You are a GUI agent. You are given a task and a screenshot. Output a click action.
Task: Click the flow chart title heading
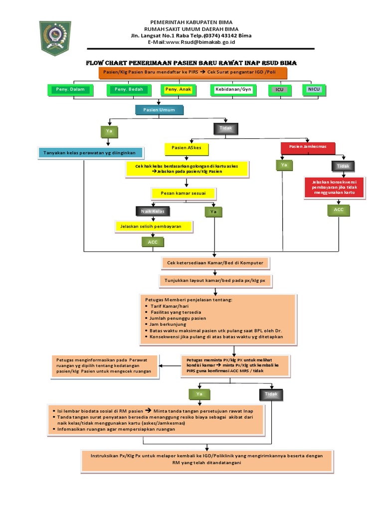coord(191,63)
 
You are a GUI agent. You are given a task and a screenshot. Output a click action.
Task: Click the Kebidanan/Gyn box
coord(234,90)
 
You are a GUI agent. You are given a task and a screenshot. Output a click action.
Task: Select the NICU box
coord(314,90)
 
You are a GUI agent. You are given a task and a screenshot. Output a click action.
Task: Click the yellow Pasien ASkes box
coord(187,149)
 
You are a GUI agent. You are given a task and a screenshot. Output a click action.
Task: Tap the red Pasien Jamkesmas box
coord(308,148)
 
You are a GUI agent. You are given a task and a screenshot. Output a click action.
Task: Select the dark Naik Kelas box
coord(153,211)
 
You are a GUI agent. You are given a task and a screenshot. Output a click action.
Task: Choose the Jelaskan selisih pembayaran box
coord(154,227)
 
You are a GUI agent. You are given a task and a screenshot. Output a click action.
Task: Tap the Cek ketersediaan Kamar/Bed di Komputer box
coord(215,263)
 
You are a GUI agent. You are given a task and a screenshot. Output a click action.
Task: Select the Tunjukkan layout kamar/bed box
coord(215,281)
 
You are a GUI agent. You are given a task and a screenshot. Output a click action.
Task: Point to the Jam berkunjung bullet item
coord(167,324)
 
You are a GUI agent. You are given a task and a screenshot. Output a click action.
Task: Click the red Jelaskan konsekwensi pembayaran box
coord(335,188)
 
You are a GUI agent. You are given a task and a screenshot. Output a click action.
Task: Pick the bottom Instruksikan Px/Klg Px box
coord(206,460)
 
